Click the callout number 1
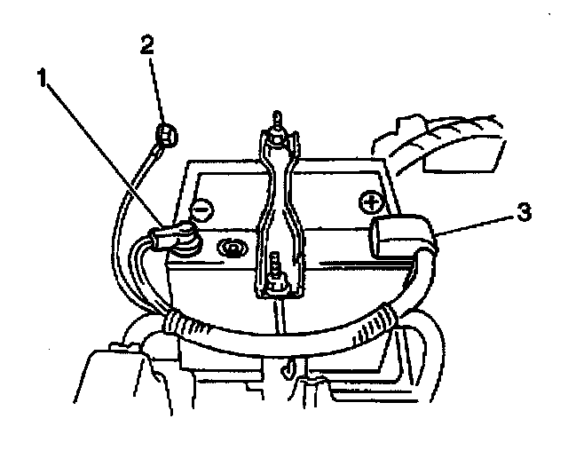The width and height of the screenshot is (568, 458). click(x=41, y=78)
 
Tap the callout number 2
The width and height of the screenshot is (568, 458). click(x=148, y=44)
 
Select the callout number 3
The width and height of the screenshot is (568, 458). click(x=525, y=215)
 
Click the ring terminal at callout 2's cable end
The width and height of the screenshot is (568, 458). click(x=165, y=135)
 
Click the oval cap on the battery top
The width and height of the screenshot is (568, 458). click(x=232, y=246)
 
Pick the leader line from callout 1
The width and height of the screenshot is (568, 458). click(x=102, y=151)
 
